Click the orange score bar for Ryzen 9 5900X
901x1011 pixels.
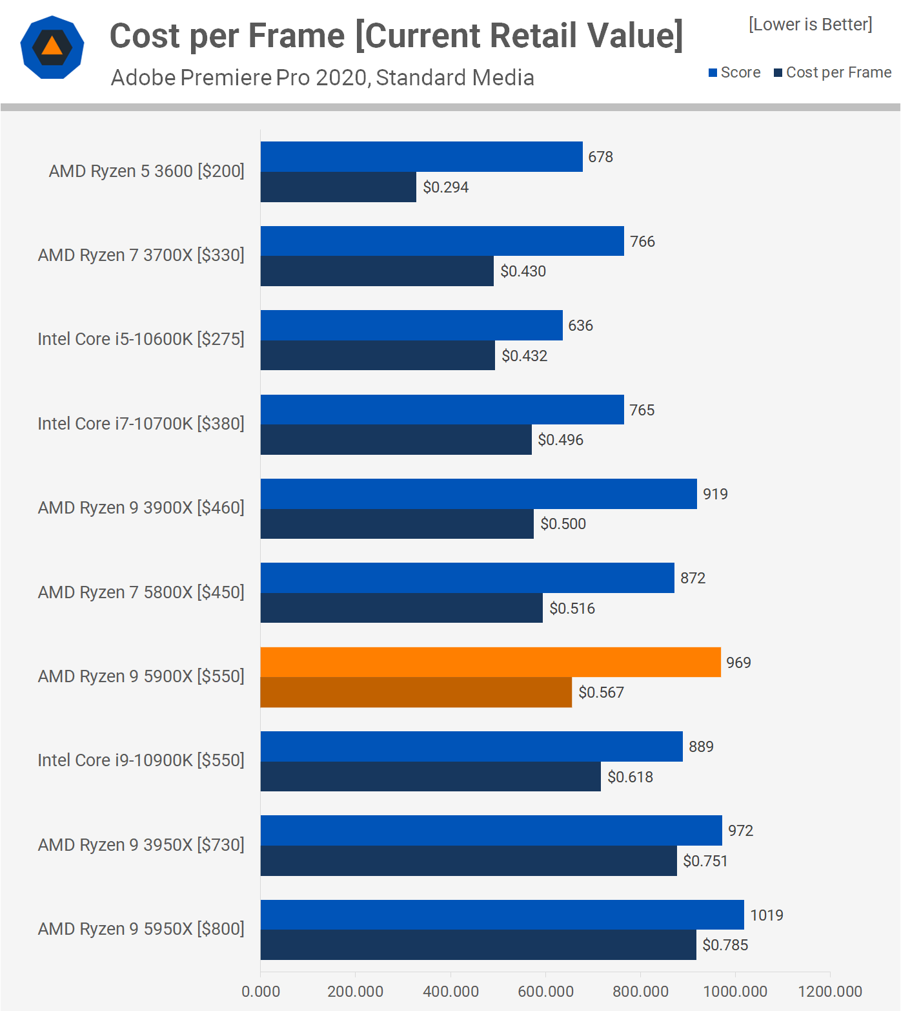[491, 662]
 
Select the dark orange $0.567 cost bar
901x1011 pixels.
[416, 693]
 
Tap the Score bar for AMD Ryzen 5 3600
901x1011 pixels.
[421, 157]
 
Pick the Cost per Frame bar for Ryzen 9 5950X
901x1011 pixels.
[478, 945]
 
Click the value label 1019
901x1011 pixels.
[767, 915]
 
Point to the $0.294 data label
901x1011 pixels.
[446, 187]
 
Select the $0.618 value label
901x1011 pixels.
[631, 777]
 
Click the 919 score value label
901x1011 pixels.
[715, 494]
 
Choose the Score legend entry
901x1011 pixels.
[734, 72]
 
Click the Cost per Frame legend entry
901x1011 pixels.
[833, 72]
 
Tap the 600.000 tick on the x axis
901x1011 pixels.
[545, 992]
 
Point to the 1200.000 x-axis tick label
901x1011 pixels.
[830, 992]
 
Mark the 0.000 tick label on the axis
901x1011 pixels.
[261, 992]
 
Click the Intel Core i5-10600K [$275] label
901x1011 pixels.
[141, 339]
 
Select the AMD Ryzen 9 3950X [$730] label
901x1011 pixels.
[141, 845]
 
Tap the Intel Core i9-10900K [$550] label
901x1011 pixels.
[141, 760]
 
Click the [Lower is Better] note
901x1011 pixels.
[811, 25]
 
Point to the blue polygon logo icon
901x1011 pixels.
[52, 47]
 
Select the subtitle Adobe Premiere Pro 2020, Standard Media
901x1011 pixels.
[323, 78]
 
